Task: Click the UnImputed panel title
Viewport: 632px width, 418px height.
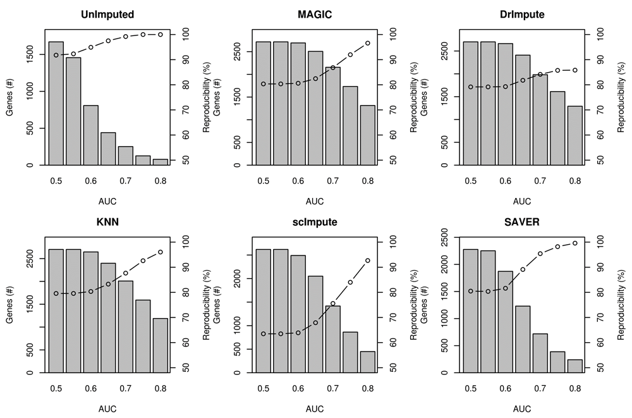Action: (x=107, y=13)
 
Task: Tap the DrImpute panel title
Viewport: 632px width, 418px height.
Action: (x=522, y=13)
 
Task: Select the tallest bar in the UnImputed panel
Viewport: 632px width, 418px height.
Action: (x=56, y=103)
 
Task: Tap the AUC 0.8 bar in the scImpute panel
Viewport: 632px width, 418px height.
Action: (x=367, y=362)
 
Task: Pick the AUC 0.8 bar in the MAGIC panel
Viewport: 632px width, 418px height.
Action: (x=367, y=135)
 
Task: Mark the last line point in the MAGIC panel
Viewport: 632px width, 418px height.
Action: (x=367, y=43)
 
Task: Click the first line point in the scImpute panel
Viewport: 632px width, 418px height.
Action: (x=263, y=334)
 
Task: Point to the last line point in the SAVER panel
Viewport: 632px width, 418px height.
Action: (x=574, y=243)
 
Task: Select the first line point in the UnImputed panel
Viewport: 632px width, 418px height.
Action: (x=56, y=55)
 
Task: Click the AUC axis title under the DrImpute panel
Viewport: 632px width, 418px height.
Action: (x=522, y=202)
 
